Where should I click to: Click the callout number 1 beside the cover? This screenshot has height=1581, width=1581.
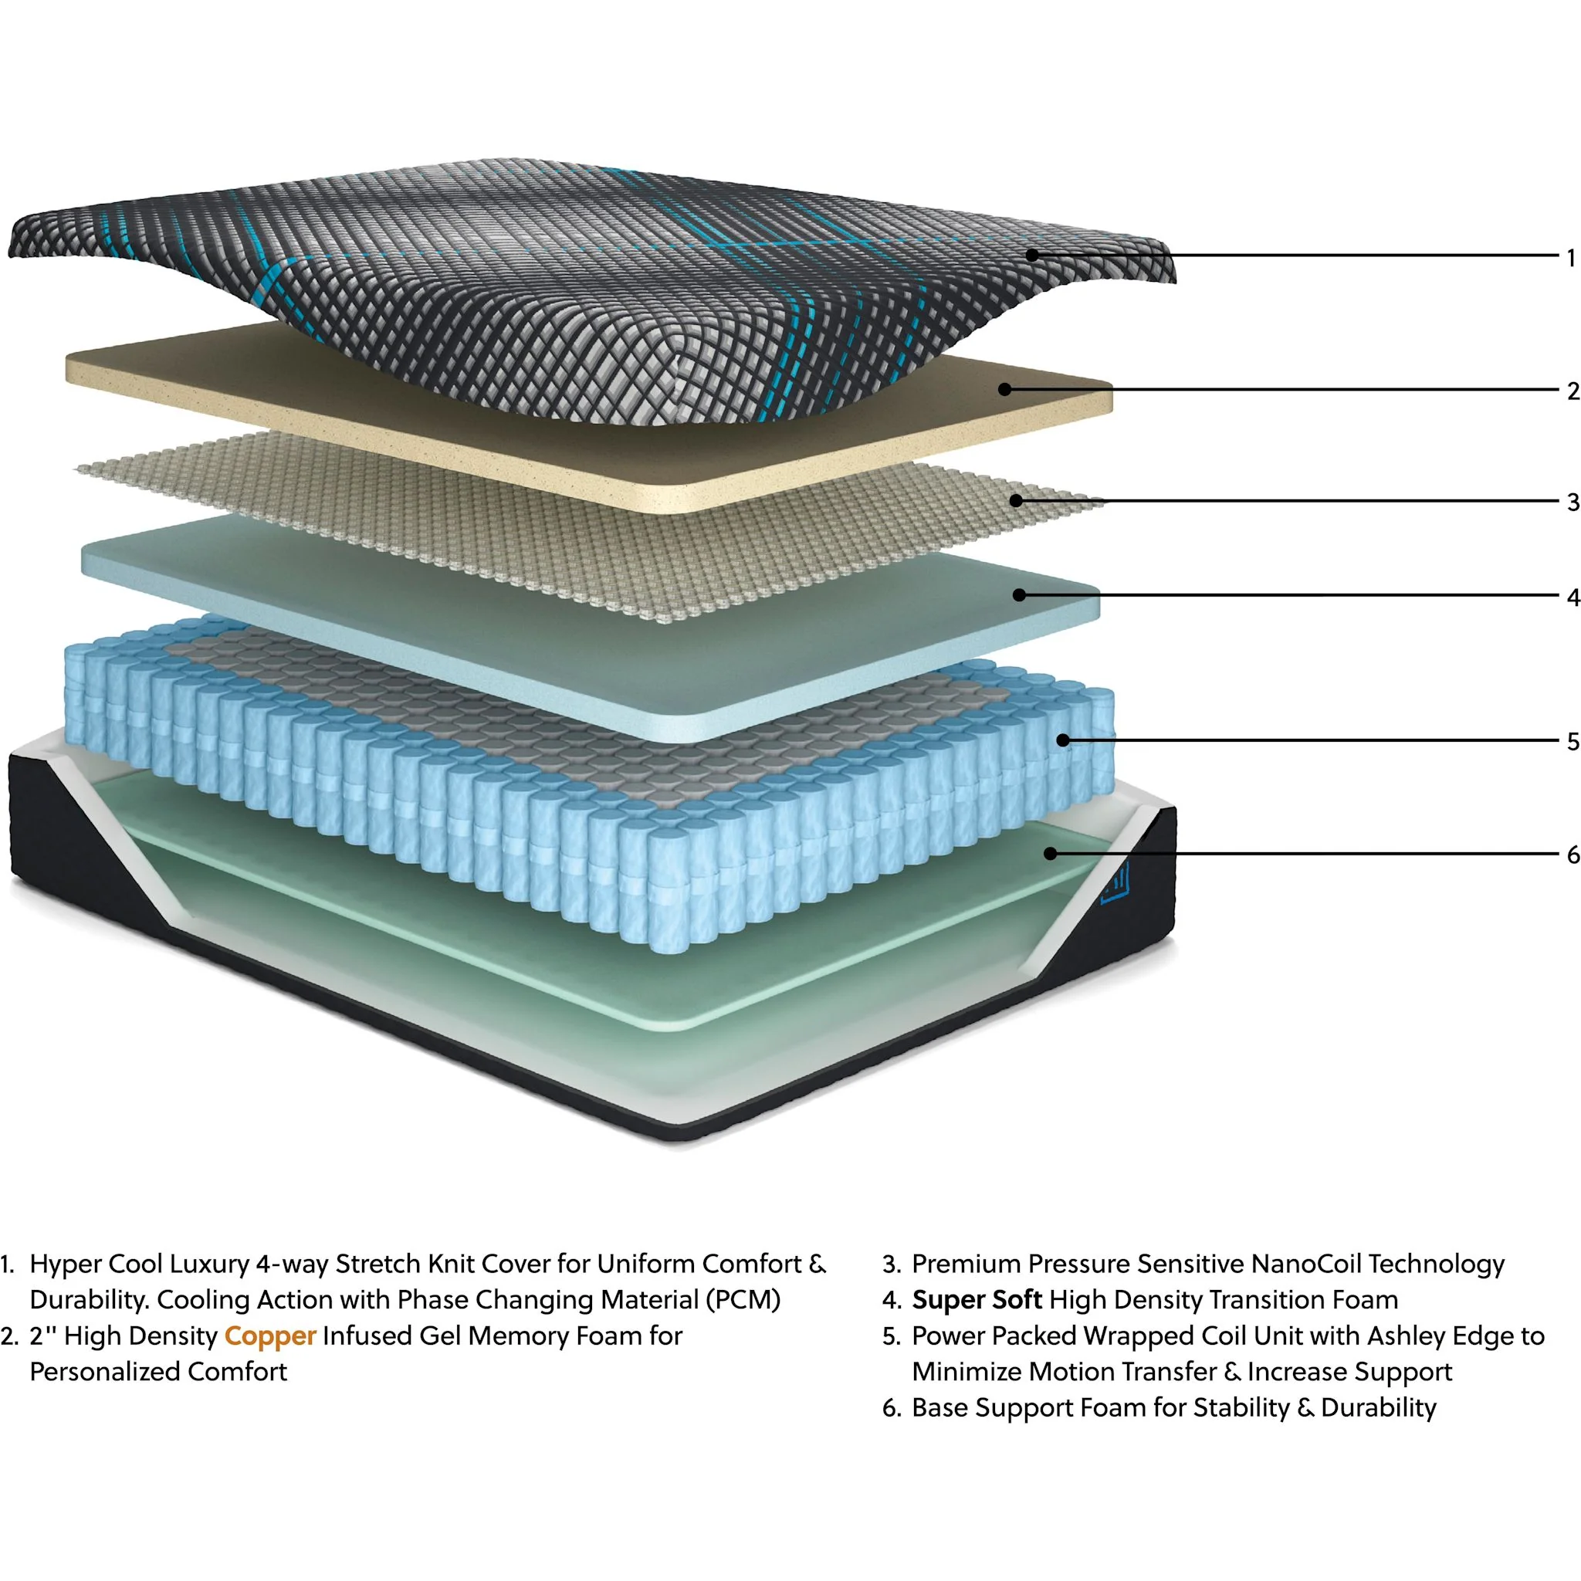tap(1571, 259)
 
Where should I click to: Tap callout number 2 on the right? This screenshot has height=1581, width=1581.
tap(1572, 391)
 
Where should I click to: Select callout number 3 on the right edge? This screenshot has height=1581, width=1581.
tap(1572, 503)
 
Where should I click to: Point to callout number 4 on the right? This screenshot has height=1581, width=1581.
tap(1572, 598)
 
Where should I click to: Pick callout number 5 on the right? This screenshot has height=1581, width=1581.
tap(1572, 741)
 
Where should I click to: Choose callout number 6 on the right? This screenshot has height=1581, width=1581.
tap(1572, 855)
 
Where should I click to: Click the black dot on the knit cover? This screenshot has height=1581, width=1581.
tap(1032, 256)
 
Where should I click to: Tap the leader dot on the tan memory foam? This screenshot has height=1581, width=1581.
tap(1005, 390)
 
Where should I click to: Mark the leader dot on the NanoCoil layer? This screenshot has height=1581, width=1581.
tap(1017, 500)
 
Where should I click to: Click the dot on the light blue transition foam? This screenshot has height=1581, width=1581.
tap(1019, 595)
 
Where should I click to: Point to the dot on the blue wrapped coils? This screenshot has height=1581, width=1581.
tap(1062, 740)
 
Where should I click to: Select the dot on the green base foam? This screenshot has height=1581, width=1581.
tap(1051, 854)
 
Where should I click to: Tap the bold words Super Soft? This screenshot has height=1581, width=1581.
tap(977, 1299)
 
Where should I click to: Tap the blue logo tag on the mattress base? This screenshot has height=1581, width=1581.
tap(1114, 882)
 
